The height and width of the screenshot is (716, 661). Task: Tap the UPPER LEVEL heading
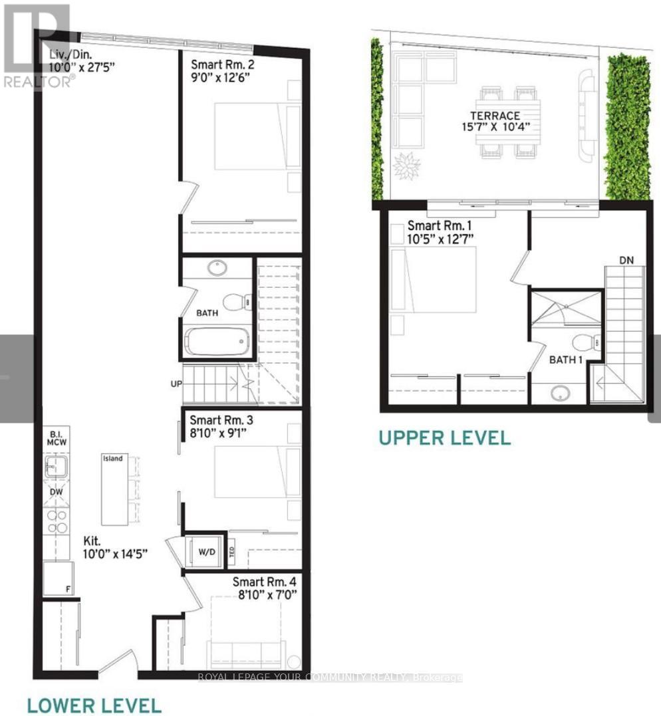tap(445, 437)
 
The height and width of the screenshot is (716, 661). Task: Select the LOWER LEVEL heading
tap(94, 705)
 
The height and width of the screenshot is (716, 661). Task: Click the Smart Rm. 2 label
tap(222, 65)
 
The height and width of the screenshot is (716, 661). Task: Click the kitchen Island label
tap(112, 459)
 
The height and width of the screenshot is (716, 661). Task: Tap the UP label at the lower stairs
tap(175, 384)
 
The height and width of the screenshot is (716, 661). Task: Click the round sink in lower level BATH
tap(216, 269)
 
